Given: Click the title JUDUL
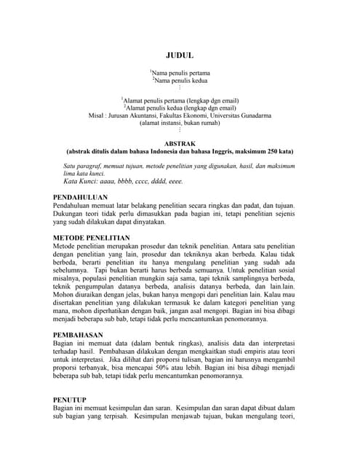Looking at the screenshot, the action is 179,55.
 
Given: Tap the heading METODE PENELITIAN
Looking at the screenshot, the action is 92,238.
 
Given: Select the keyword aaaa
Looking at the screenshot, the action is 113,181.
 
